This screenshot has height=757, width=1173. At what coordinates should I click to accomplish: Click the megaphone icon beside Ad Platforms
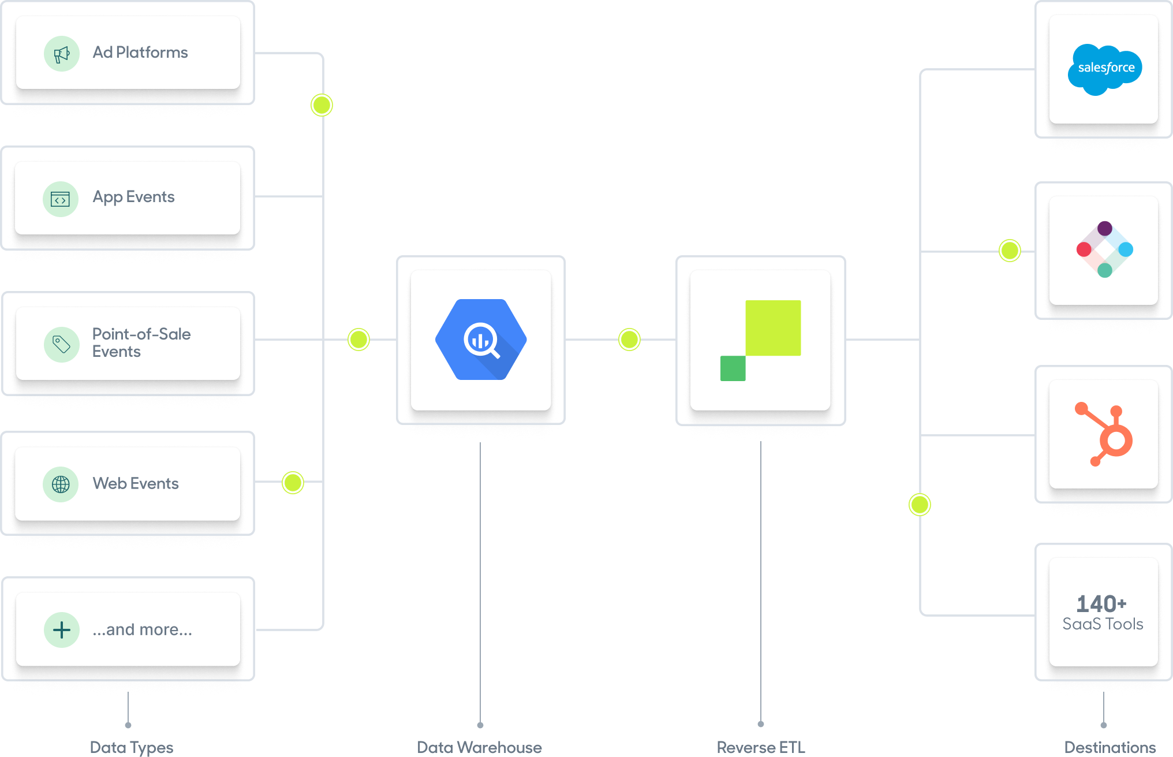point(61,54)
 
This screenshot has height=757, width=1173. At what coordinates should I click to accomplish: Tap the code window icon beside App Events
point(61,199)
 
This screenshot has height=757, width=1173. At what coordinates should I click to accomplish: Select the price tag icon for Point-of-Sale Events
point(61,345)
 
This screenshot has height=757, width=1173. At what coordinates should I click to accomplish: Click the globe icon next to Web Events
point(61,484)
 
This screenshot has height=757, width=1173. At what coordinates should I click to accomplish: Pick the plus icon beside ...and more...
point(62,629)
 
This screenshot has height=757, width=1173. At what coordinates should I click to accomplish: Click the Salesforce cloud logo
point(1105,69)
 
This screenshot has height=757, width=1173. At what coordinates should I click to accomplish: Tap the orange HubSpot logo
point(1105,434)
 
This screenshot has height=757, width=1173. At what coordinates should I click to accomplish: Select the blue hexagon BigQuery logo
point(481,340)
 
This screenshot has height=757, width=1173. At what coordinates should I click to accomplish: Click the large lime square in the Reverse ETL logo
point(773,327)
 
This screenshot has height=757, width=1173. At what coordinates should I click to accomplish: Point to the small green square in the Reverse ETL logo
point(733,368)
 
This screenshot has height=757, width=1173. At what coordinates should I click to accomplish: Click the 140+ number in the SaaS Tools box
point(1101,604)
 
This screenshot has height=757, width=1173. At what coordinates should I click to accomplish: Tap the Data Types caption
point(132,747)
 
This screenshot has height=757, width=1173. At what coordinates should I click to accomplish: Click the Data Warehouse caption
point(479,747)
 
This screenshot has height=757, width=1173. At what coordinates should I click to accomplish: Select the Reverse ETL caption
point(760,747)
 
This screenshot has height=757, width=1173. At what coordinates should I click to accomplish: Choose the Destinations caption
point(1110,747)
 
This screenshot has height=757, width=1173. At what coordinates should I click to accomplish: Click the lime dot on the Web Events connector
point(293,483)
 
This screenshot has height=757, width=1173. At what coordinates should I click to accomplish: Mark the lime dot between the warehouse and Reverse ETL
point(629,340)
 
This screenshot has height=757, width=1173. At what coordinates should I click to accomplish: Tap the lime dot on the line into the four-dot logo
point(1010,251)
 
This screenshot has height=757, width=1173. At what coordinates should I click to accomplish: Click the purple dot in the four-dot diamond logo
point(1105,228)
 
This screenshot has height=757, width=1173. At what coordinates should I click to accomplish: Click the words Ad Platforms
point(140,53)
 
